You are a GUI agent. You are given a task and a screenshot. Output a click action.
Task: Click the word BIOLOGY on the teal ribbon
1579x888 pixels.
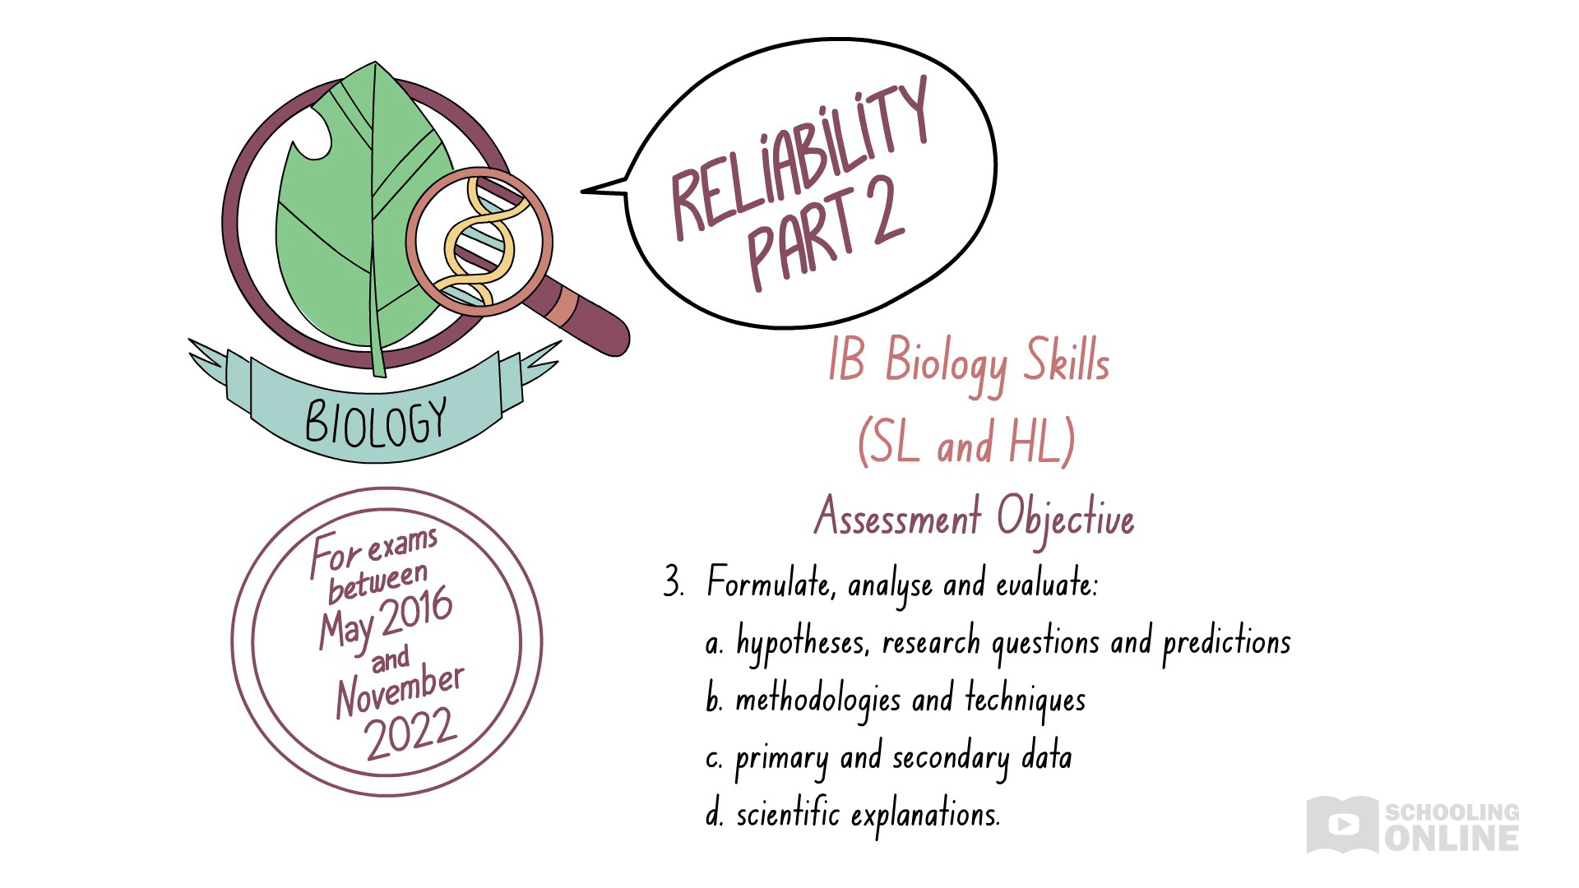[376, 423]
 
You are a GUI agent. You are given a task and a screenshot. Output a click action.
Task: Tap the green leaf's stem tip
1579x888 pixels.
[378, 370]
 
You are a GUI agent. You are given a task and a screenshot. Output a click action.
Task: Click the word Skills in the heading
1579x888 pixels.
[1066, 362]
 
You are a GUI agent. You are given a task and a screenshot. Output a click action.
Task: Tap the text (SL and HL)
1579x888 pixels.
[966, 442]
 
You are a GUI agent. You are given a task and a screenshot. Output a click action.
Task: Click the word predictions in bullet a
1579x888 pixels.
[1226, 642]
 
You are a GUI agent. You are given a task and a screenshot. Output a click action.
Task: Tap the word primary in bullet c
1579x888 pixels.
[781, 758]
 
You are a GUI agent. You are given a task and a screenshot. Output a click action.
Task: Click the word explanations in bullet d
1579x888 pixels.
[925, 816]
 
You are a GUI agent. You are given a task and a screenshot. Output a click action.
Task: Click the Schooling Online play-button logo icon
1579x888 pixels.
[1341, 823]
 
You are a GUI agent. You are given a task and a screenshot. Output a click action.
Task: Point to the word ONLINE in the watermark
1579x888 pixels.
[1452, 839]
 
